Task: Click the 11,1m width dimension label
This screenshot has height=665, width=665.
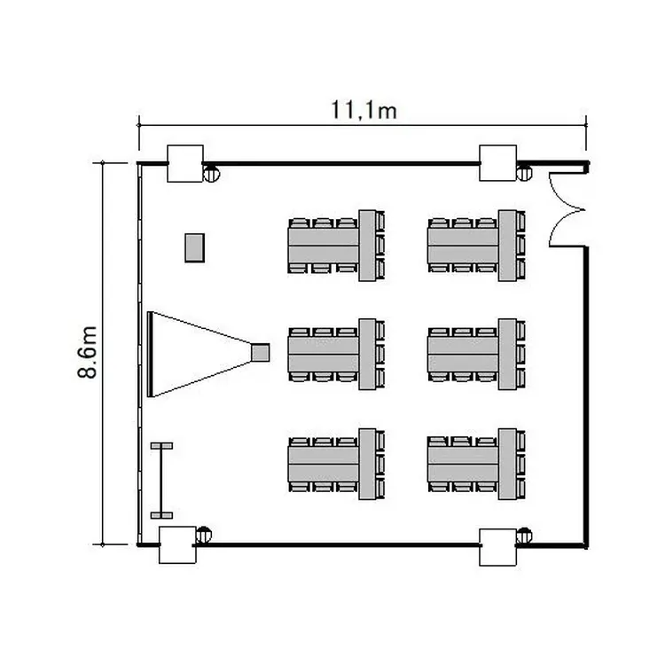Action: pyautogui.click(x=364, y=110)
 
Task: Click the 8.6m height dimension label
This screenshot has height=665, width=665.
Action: pyautogui.click(x=88, y=352)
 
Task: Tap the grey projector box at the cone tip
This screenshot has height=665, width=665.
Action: pyautogui.click(x=260, y=352)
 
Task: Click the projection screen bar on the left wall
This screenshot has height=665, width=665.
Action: pyautogui.click(x=149, y=354)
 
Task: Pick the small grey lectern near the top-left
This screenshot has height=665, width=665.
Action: pyautogui.click(x=195, y=247)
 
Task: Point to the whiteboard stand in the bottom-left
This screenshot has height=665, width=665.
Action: pyautogui.click(x=161, y=481)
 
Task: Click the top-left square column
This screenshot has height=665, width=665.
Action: pyautogui.click(x=185, y=164)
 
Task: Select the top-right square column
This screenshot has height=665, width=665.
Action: pyautogui.click(x=498, y=163)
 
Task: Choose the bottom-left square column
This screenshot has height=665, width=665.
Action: pyautogui.click(x=177, y=545)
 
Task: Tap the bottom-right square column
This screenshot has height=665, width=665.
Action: pyautogui.click(x=498, y=547)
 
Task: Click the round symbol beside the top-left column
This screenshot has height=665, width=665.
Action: pyautogui.click(x=212, y=174)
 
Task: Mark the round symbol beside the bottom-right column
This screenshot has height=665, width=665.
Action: pyautogui.click(x=524, y=536)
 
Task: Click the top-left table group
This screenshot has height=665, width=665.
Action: pyautogui.click(x=336, y=245)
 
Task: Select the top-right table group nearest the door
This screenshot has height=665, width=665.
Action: pyautogui.click(x=476, y=245)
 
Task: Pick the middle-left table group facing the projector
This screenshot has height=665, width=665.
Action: pyautogui.click(x=336, y=354)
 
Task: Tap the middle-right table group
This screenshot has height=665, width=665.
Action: pyautogui.click(x=476, y=354)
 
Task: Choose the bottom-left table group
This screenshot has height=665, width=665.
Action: pyautogui.click(x=336, y=464)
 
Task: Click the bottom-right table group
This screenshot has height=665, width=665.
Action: pyautogui.click(x=476, y=464)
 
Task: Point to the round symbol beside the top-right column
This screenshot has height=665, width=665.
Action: pyautogui.click(x=524, y=173)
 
